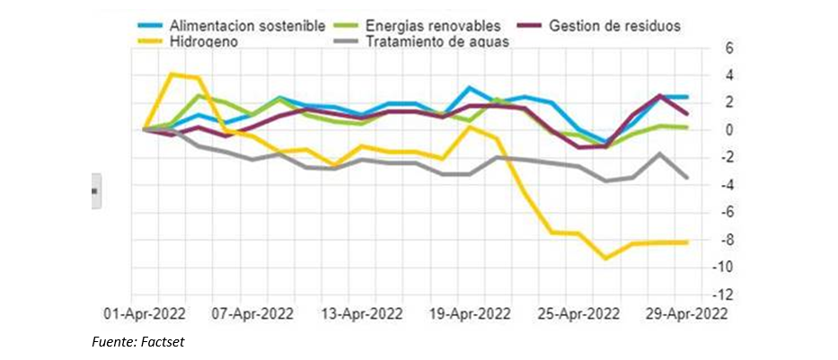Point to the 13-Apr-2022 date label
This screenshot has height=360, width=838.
[363, 314]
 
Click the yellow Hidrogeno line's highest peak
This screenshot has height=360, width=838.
[172, 74]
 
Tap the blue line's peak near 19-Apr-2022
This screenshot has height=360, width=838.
[469, 88]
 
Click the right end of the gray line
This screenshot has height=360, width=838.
[687, 178]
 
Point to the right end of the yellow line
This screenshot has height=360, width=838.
[687, 241]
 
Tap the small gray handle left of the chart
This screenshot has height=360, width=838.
[94, 191]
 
